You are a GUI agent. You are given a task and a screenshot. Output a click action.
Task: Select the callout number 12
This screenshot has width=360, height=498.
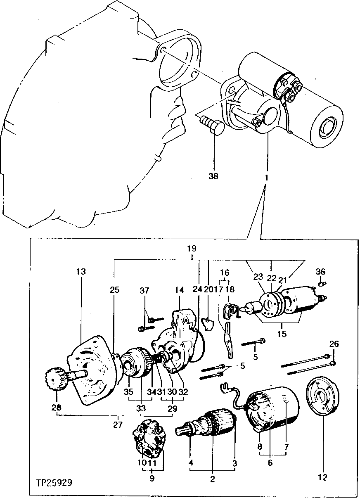(x=322, y=477)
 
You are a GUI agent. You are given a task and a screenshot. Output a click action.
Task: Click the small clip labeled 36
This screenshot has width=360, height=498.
(x=323, y=283)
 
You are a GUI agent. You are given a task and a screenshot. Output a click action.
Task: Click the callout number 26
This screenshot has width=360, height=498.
(x=334, y=344)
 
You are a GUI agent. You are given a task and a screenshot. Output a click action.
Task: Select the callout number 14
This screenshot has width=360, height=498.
(x=179, y=290)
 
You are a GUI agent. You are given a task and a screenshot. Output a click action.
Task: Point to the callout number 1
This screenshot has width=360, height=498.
(x=266, y=178)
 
